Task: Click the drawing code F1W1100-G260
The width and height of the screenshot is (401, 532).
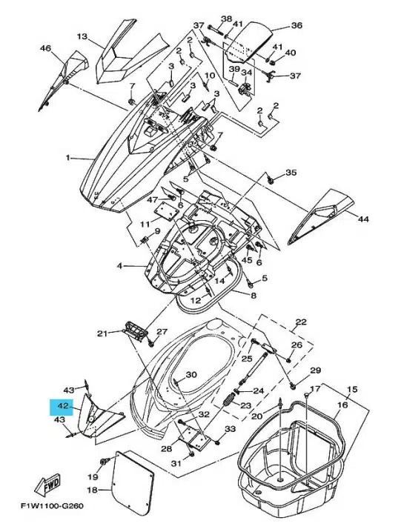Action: coord(52,506)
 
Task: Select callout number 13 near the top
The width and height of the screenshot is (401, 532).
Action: coord(82,36)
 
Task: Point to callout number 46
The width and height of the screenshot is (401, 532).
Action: coord(45,48)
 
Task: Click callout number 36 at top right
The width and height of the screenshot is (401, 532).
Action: coord(296,25)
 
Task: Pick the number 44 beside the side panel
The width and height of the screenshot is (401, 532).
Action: coord(362,219)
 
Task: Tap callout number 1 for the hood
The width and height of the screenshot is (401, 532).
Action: coord(68,157)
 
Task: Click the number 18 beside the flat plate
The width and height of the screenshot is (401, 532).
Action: coord(93,490)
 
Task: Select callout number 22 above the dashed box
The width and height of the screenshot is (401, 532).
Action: coord(301,322)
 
